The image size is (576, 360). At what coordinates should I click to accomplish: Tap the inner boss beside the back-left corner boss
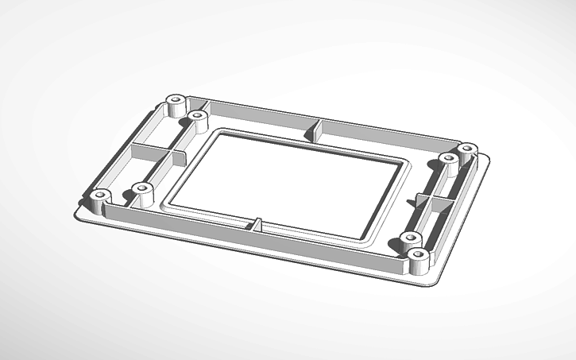[x=195, y=117]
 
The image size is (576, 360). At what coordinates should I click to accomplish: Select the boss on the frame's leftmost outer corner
[x=99, y=196]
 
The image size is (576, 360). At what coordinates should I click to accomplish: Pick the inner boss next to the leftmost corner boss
[x=141, y=189]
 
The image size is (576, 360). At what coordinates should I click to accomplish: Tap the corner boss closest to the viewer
[x=419, y=257]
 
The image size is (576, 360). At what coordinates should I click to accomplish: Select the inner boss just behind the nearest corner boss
[x=410, y=238]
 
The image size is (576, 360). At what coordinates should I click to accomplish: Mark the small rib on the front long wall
[x=258, y=223]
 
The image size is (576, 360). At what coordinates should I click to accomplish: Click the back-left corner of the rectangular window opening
[x=216, y=133]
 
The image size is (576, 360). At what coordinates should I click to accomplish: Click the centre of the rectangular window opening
[x=288, y=184]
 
